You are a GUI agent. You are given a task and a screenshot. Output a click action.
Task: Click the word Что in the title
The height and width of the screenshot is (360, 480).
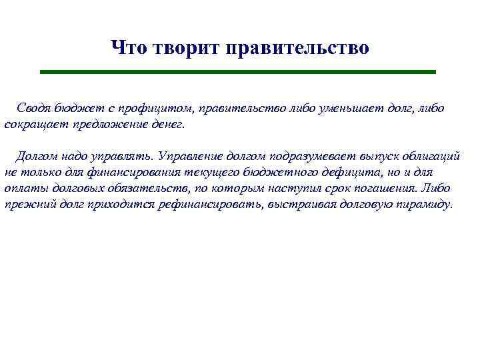coord(129,48)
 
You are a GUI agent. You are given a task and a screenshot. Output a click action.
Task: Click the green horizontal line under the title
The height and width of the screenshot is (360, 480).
coord(237,71)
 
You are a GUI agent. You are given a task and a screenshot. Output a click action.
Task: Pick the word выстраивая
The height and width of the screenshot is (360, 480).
coord(297,205)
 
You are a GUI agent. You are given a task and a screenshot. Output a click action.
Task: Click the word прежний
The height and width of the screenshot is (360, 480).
coord(27,205)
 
